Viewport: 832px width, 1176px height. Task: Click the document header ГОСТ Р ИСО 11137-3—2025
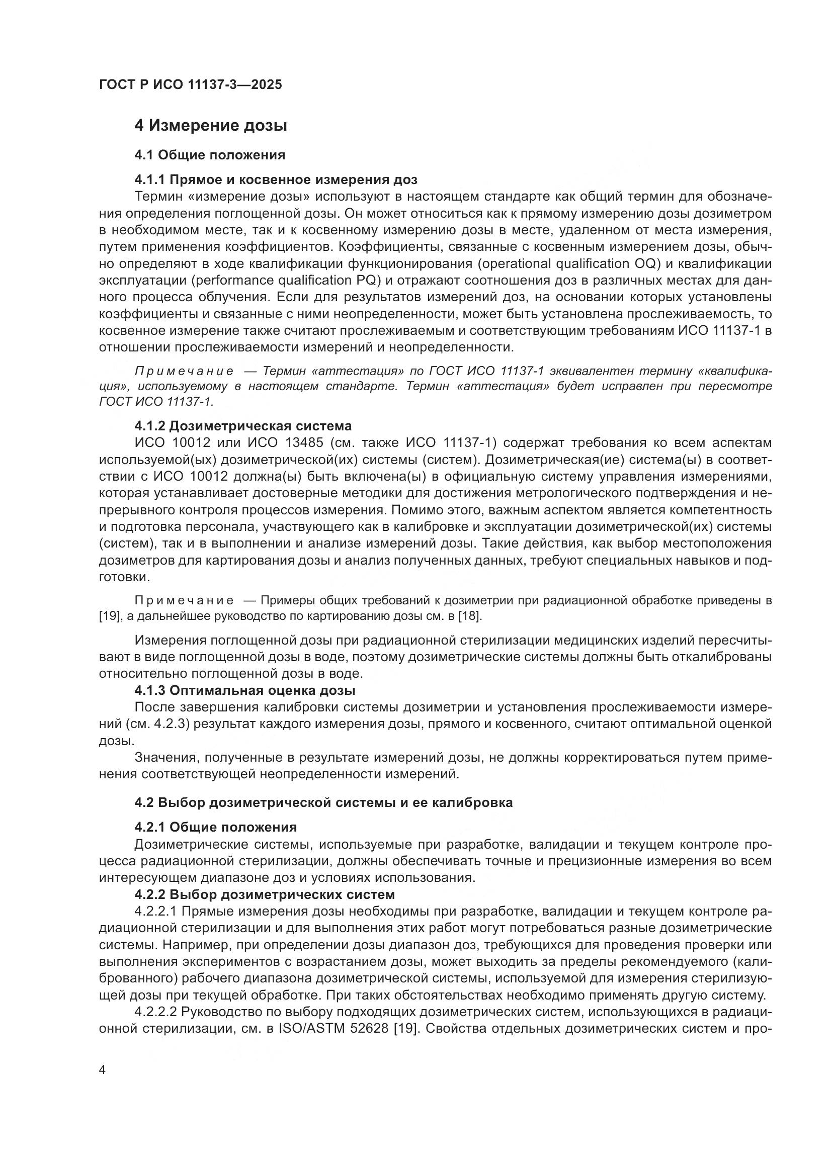[190, 84]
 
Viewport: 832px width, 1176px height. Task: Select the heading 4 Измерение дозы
[211, 126]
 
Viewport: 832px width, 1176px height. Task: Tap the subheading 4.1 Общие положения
[210, 154]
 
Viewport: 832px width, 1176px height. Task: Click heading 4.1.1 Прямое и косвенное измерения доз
[276, 179]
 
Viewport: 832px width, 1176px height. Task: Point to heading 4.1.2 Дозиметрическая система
[243, 426]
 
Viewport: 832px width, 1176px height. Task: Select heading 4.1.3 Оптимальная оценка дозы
[245, 690]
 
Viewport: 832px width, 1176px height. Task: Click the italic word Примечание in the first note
[184, 372]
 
